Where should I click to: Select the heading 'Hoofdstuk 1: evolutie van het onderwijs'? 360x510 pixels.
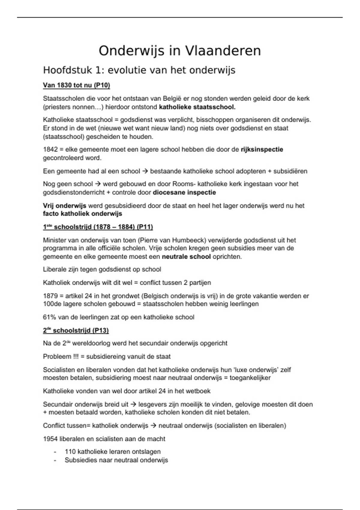click(139, 70)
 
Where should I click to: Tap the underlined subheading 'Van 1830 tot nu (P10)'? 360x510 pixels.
click(76, 85)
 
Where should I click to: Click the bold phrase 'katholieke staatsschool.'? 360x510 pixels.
click(197, 107)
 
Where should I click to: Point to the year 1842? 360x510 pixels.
click(51, 149)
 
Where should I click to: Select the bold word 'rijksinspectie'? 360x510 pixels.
click(262, 149)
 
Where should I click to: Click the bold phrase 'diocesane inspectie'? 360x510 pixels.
click(184, 192)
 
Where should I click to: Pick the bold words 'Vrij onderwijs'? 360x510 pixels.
click(64, 206)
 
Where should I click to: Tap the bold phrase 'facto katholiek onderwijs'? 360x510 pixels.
click(82, 214)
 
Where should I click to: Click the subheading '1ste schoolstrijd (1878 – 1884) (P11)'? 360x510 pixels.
click(98, 227)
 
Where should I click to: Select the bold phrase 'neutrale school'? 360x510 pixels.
click(186, 257)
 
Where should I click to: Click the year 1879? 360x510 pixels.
click(51, 296)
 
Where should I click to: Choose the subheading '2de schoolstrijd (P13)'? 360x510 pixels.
click(76, 331)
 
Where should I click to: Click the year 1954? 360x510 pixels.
click(50, 439)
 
